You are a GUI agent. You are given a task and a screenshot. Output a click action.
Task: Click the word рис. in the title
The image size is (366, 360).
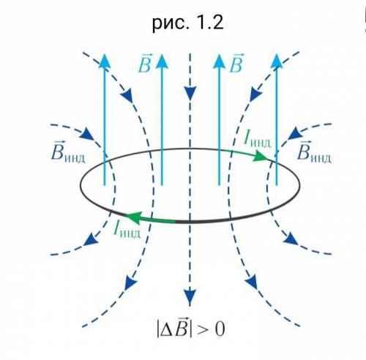coord(171,24)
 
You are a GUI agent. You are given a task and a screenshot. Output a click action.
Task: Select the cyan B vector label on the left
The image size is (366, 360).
coord(144,64)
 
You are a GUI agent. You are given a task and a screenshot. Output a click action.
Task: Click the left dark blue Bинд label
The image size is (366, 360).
coord(68,152)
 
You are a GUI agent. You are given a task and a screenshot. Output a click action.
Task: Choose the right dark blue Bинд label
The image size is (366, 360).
coord(314,152)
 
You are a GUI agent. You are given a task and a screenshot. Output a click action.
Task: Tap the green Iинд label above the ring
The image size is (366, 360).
coord(257,140)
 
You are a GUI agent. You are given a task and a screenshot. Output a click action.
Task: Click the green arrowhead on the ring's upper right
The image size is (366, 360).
coord(261,156)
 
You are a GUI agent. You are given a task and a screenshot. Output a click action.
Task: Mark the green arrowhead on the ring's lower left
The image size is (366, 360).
coord(134,217)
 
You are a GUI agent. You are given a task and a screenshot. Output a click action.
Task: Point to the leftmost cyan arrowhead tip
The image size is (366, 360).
coord(105,54)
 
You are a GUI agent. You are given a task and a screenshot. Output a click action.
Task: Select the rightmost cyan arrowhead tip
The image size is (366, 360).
coord(277,54)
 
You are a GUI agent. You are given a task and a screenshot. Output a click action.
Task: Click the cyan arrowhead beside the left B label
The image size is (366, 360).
coord(162,61)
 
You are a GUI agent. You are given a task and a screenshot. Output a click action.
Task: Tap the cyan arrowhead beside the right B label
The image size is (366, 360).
coord(219,61)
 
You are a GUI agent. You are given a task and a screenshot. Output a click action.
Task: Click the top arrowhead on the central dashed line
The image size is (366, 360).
coord(190,94)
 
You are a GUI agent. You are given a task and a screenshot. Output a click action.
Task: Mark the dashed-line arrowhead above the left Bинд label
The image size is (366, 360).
coord(87,134)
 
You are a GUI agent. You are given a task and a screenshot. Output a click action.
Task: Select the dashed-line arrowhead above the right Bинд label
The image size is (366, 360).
coord(294,133)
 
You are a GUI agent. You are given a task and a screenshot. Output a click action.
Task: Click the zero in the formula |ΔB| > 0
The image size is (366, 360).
coord(220,329)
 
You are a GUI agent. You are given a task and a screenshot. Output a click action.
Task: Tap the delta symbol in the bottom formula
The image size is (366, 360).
coord(167,331)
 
